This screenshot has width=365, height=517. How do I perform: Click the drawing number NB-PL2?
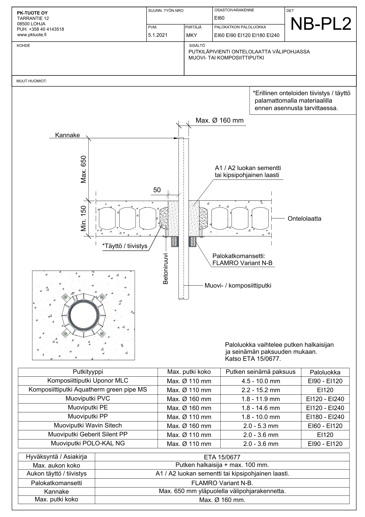coord(321,24)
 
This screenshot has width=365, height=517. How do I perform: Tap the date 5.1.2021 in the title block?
coord(158,35)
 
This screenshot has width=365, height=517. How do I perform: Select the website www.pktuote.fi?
coord(32,34)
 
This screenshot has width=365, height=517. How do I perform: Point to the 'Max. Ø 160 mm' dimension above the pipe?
coord(219,120)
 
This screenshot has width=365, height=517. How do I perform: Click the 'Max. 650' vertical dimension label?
coord(84,169)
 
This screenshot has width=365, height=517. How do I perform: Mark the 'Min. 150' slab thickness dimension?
coord(84,218)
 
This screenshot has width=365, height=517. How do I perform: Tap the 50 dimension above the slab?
coord(157,190)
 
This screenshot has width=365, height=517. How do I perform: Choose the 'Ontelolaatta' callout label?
coord(304,219)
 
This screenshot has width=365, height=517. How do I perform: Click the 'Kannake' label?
coord(67,135)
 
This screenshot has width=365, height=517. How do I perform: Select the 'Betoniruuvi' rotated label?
coord(166,269)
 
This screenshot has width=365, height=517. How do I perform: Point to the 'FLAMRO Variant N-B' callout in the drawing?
coord(242,263)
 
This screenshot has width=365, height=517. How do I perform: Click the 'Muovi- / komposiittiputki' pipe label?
coord(238,285)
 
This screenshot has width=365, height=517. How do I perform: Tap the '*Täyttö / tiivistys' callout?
coord(125,246)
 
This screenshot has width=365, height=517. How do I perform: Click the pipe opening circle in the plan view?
coord(84,315)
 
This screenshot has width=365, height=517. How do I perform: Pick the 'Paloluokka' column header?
coord(325,372)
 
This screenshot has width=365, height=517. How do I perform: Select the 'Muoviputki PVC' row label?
coord(88,399)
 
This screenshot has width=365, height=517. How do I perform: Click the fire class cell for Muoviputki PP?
coord(325,417)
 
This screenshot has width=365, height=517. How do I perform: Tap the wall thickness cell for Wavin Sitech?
coord(260,426)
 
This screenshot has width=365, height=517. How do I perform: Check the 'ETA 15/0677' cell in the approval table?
coord(222,457)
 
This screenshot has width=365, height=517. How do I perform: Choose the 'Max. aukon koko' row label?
coord(56,465)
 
